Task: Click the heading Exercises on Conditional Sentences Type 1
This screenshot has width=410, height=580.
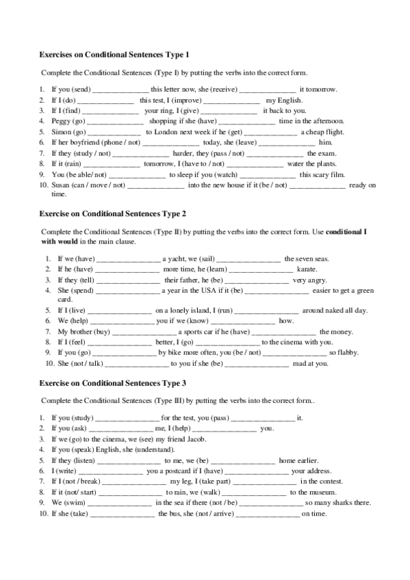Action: [x=113, y=53]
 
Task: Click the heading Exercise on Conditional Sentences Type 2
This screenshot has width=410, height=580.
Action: [x=112, y=213]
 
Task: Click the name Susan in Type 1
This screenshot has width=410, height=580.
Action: [x=62, y=185]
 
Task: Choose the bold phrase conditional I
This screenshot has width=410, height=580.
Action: [x=346, y=232]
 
